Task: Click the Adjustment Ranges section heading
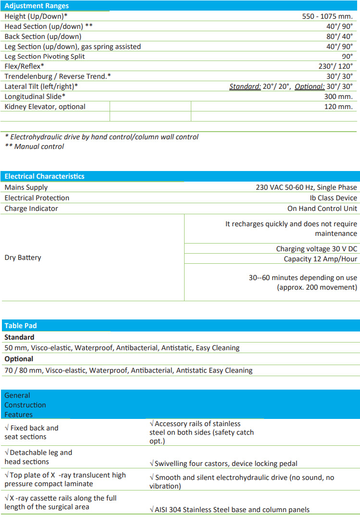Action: [x=37, y=6]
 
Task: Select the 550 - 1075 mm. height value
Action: [x=327, y=16]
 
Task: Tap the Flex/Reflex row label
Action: [x=25, y=66]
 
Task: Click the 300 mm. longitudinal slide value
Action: [x=339, y=97]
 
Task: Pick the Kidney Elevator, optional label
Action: [x=45, y=107]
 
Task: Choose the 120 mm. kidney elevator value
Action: [x=339, y=107]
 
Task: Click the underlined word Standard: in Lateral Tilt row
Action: [x=245, y=86]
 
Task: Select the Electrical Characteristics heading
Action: [x=45, y=176]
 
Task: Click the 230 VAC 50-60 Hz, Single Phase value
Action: [x=306, y=187]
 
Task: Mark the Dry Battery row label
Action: [x=23, y=257]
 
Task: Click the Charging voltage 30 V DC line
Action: [x=316, y=249]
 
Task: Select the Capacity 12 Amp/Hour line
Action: [x=320, y=259]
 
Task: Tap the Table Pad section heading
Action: [x=21, y=326]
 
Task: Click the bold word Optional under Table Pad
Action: [x=19, y=359]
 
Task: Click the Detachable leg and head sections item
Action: [x=38, y=457]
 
